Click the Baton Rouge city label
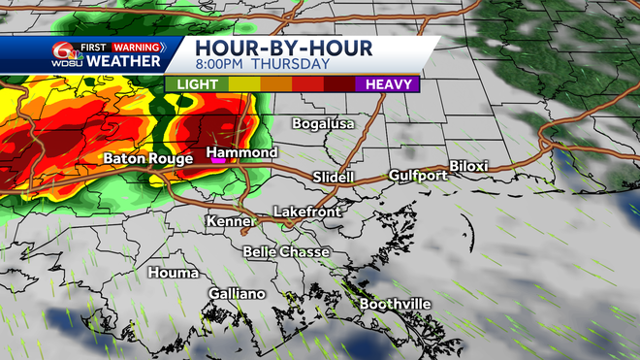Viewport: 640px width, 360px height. pyautogui.click(x=143, y=158)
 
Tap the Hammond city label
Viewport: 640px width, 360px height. pyautogui.click(x=242, y=153)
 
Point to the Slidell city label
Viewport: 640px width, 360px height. pyautogui.click(x=334, y=178)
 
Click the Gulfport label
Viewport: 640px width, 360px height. pyautogui.click(x=418, y=176)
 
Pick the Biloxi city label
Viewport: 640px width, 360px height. pyautogui.click(x=468, y=167)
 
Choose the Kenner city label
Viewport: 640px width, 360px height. pyautogui.click(x=230, y=222)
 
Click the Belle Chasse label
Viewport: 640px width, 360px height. pyautogui.click(x=286, y=252)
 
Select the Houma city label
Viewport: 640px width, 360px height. pyautogui.click(x=174, y=273)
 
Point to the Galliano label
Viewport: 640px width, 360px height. pyautogui.click(x=238, y=293)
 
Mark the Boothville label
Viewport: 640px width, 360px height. pyautogui.click(x=396, y=305)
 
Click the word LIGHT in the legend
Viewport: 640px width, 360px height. pyautogui.click(x=195, y=84)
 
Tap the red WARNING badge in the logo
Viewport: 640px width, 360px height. pyautogui.click(x=136, y=45)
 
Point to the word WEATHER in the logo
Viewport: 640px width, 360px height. pyautogui.click(x=124, y=61)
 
